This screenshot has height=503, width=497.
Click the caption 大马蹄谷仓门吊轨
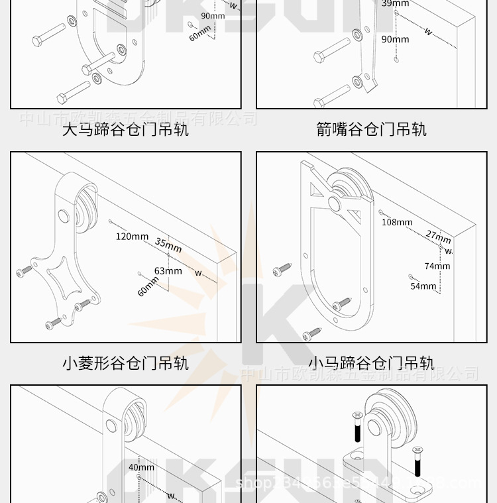point(125,129)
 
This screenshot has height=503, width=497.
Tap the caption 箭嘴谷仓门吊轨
point(371,129)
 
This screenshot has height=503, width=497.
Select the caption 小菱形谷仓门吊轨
point(125,363)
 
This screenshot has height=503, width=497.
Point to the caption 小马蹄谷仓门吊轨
point(371,363)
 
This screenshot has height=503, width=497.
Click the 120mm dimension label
point(132,237)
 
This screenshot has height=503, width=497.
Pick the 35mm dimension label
point(168,245)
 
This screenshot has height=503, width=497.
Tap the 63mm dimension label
point(168,270)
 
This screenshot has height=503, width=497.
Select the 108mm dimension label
point(397,222)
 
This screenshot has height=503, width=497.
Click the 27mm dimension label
point(438,237)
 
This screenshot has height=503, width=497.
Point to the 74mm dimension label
point(437,266)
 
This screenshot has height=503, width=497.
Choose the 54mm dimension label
point(423,286)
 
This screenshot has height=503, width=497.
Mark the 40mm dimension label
point(141,467)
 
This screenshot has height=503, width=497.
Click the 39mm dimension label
point(395,3)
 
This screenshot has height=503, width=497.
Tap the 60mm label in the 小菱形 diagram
point(148,286)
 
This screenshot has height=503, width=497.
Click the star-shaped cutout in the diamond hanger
point(68,279)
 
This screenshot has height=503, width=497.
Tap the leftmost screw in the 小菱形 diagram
point(25,270)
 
